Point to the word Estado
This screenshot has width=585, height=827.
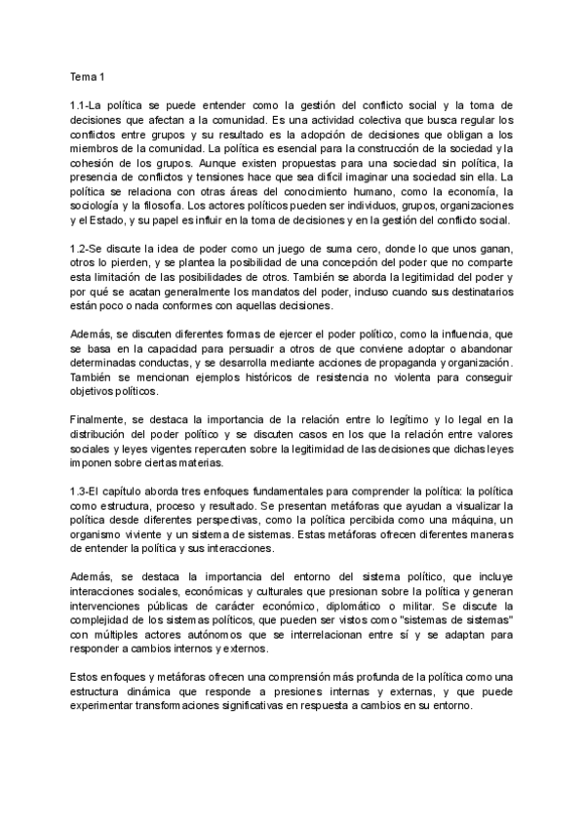point(102,220)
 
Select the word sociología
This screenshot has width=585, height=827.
point(98,206)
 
